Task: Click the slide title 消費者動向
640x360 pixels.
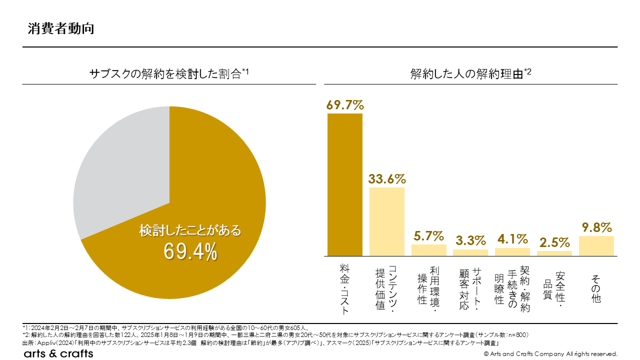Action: coord(60,28)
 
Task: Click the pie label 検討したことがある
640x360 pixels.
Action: coord(190,231)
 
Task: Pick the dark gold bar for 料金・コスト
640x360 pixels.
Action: coord(345,184)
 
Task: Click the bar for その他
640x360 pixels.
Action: coord(596,246)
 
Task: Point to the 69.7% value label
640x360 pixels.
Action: coord(345,105)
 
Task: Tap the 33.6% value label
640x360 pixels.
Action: coord(387,179)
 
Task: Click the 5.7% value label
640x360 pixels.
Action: coord(429,235)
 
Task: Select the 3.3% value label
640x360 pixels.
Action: coord(470,240)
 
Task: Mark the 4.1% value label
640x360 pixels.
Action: coord(512,239)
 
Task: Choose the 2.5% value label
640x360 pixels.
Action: coord(554,242)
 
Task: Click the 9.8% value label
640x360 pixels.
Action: coord(596,227)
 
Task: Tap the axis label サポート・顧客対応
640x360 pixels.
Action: coord(470,288)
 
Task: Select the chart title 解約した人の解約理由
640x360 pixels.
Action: coord(470,74)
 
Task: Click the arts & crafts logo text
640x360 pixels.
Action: coord(58,353)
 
